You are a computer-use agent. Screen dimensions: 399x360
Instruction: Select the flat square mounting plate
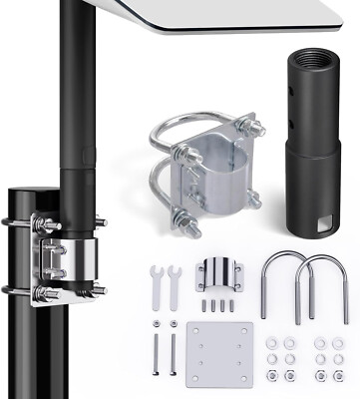click(x=219, y=354)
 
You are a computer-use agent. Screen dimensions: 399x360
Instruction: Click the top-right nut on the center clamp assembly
click(x=250, y=128)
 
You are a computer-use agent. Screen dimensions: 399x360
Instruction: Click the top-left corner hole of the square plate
click(x=197, y=332)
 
